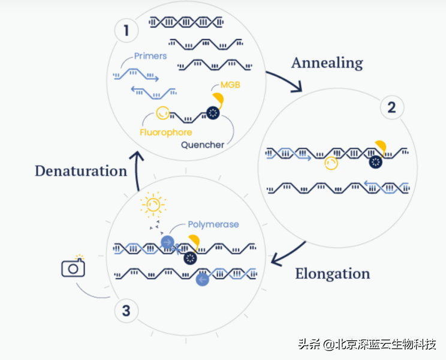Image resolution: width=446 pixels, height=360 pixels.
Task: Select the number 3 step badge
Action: click(x=126, y=311)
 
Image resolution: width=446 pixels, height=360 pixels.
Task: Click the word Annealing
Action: click(x=327, y=62)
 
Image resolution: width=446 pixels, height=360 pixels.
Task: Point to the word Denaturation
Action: click(x=81, y=171)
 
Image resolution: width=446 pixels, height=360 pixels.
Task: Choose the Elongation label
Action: click(x=332, y=274)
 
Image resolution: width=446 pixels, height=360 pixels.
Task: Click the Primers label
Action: click(x=150, y=56)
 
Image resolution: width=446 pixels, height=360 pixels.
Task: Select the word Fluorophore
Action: click(x=165, y=133)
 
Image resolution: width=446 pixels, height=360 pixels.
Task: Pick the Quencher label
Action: click(x=203, y=145)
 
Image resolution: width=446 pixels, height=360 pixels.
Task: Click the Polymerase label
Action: click(x=213, y=224)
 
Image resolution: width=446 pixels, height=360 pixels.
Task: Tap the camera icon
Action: click(x=73, y=268)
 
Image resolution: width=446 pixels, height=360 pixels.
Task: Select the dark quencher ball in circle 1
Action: click(x=213, y=112)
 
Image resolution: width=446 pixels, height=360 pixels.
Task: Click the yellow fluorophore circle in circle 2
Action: click(x=331, y=163)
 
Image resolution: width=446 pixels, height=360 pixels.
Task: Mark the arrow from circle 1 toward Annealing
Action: click(x=284, y=82)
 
